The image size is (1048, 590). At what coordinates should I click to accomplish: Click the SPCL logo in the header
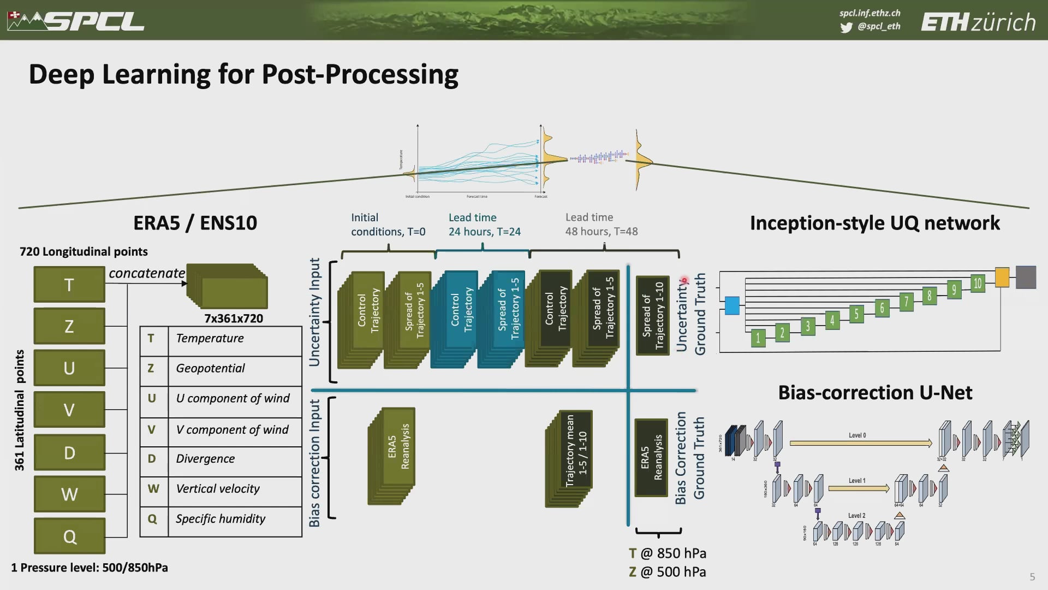pos(76,21)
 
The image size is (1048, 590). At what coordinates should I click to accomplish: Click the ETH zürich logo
pos(978,22)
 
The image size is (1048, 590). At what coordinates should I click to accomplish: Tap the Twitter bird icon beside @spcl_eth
pos(846,27)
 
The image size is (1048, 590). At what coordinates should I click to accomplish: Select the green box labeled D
pos(69,452)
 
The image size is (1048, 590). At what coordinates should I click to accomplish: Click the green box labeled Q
pos(69,536)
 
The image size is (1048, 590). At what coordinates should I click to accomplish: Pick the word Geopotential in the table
pos(210,368)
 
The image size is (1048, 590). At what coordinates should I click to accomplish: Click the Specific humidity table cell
pos(221,518)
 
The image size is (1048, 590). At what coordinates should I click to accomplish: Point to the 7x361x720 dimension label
pos(234,318)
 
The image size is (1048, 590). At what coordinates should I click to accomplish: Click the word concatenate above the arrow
pos(146,273)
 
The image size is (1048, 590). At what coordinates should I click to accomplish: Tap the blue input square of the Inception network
pos(731,305)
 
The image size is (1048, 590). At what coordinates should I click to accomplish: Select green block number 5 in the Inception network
pos(856,314)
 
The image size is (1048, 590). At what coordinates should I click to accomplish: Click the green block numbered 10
pos(978,283)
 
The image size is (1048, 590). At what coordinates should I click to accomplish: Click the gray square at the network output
pos(1026,277)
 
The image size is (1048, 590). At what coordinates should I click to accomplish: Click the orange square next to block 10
pos(1002,277)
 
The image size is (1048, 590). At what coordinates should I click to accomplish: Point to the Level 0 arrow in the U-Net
pos(860,443)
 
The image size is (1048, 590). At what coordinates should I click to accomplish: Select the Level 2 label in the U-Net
pos(856,515)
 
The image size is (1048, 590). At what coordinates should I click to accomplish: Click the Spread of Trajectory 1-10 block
pos(653,315)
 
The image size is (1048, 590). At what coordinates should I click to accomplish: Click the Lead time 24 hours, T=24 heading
pos(484,225)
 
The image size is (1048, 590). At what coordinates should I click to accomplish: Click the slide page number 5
pos(1032,577)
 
